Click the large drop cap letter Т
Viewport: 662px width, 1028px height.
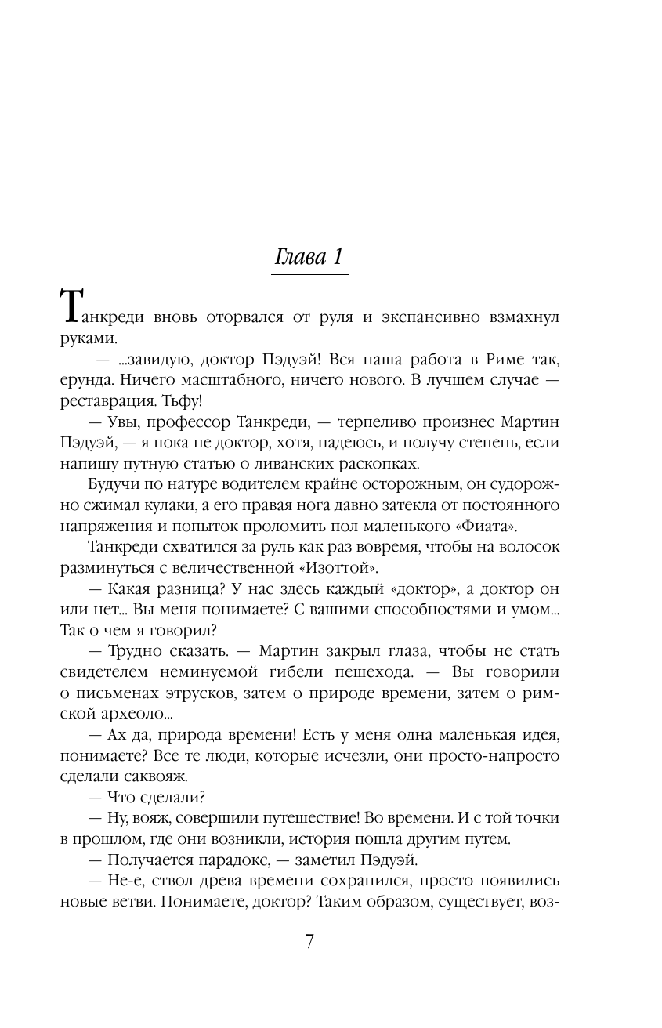(x=70, y=306)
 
